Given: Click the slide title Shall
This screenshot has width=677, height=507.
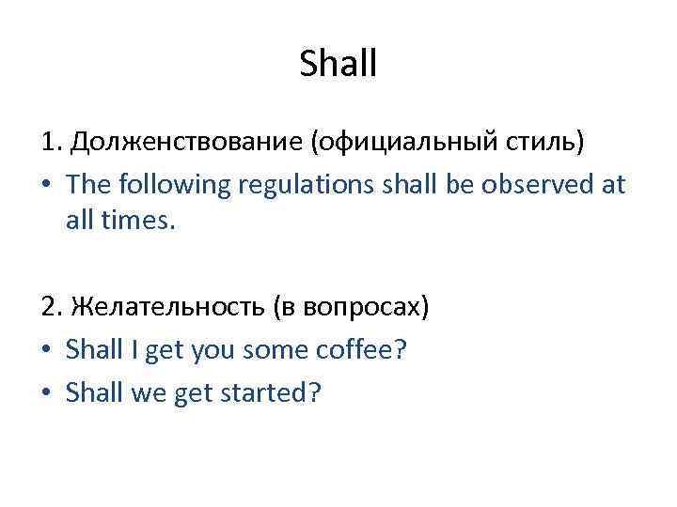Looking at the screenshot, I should tap(338, 64).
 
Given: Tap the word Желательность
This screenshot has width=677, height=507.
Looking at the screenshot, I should tap(168, 307).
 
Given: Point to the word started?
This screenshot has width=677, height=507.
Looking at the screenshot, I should tap(270, 392).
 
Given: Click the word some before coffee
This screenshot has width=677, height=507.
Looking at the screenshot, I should tap(273, 350).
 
